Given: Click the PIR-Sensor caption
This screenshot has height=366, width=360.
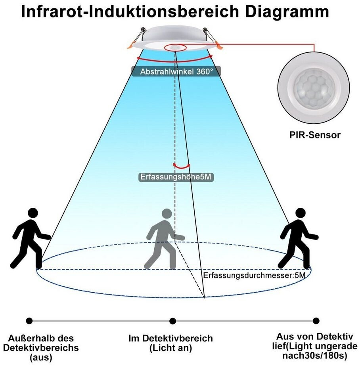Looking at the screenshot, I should (x=314, y=135).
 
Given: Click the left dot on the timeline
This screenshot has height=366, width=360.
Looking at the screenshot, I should (x=29, y=320).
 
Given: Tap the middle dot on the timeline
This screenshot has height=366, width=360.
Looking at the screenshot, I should (x=172, y=320).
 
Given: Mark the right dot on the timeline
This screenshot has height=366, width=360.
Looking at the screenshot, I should (x=316, y=320).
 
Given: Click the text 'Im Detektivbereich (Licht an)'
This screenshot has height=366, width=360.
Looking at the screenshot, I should (x=170, y=343).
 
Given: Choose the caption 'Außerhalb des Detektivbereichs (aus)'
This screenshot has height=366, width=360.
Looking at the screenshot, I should (x=41, y=348).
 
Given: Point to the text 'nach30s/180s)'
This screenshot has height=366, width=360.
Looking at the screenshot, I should (x=315, y=355).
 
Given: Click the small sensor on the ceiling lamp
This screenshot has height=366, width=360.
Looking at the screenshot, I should (x=174, y=47).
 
